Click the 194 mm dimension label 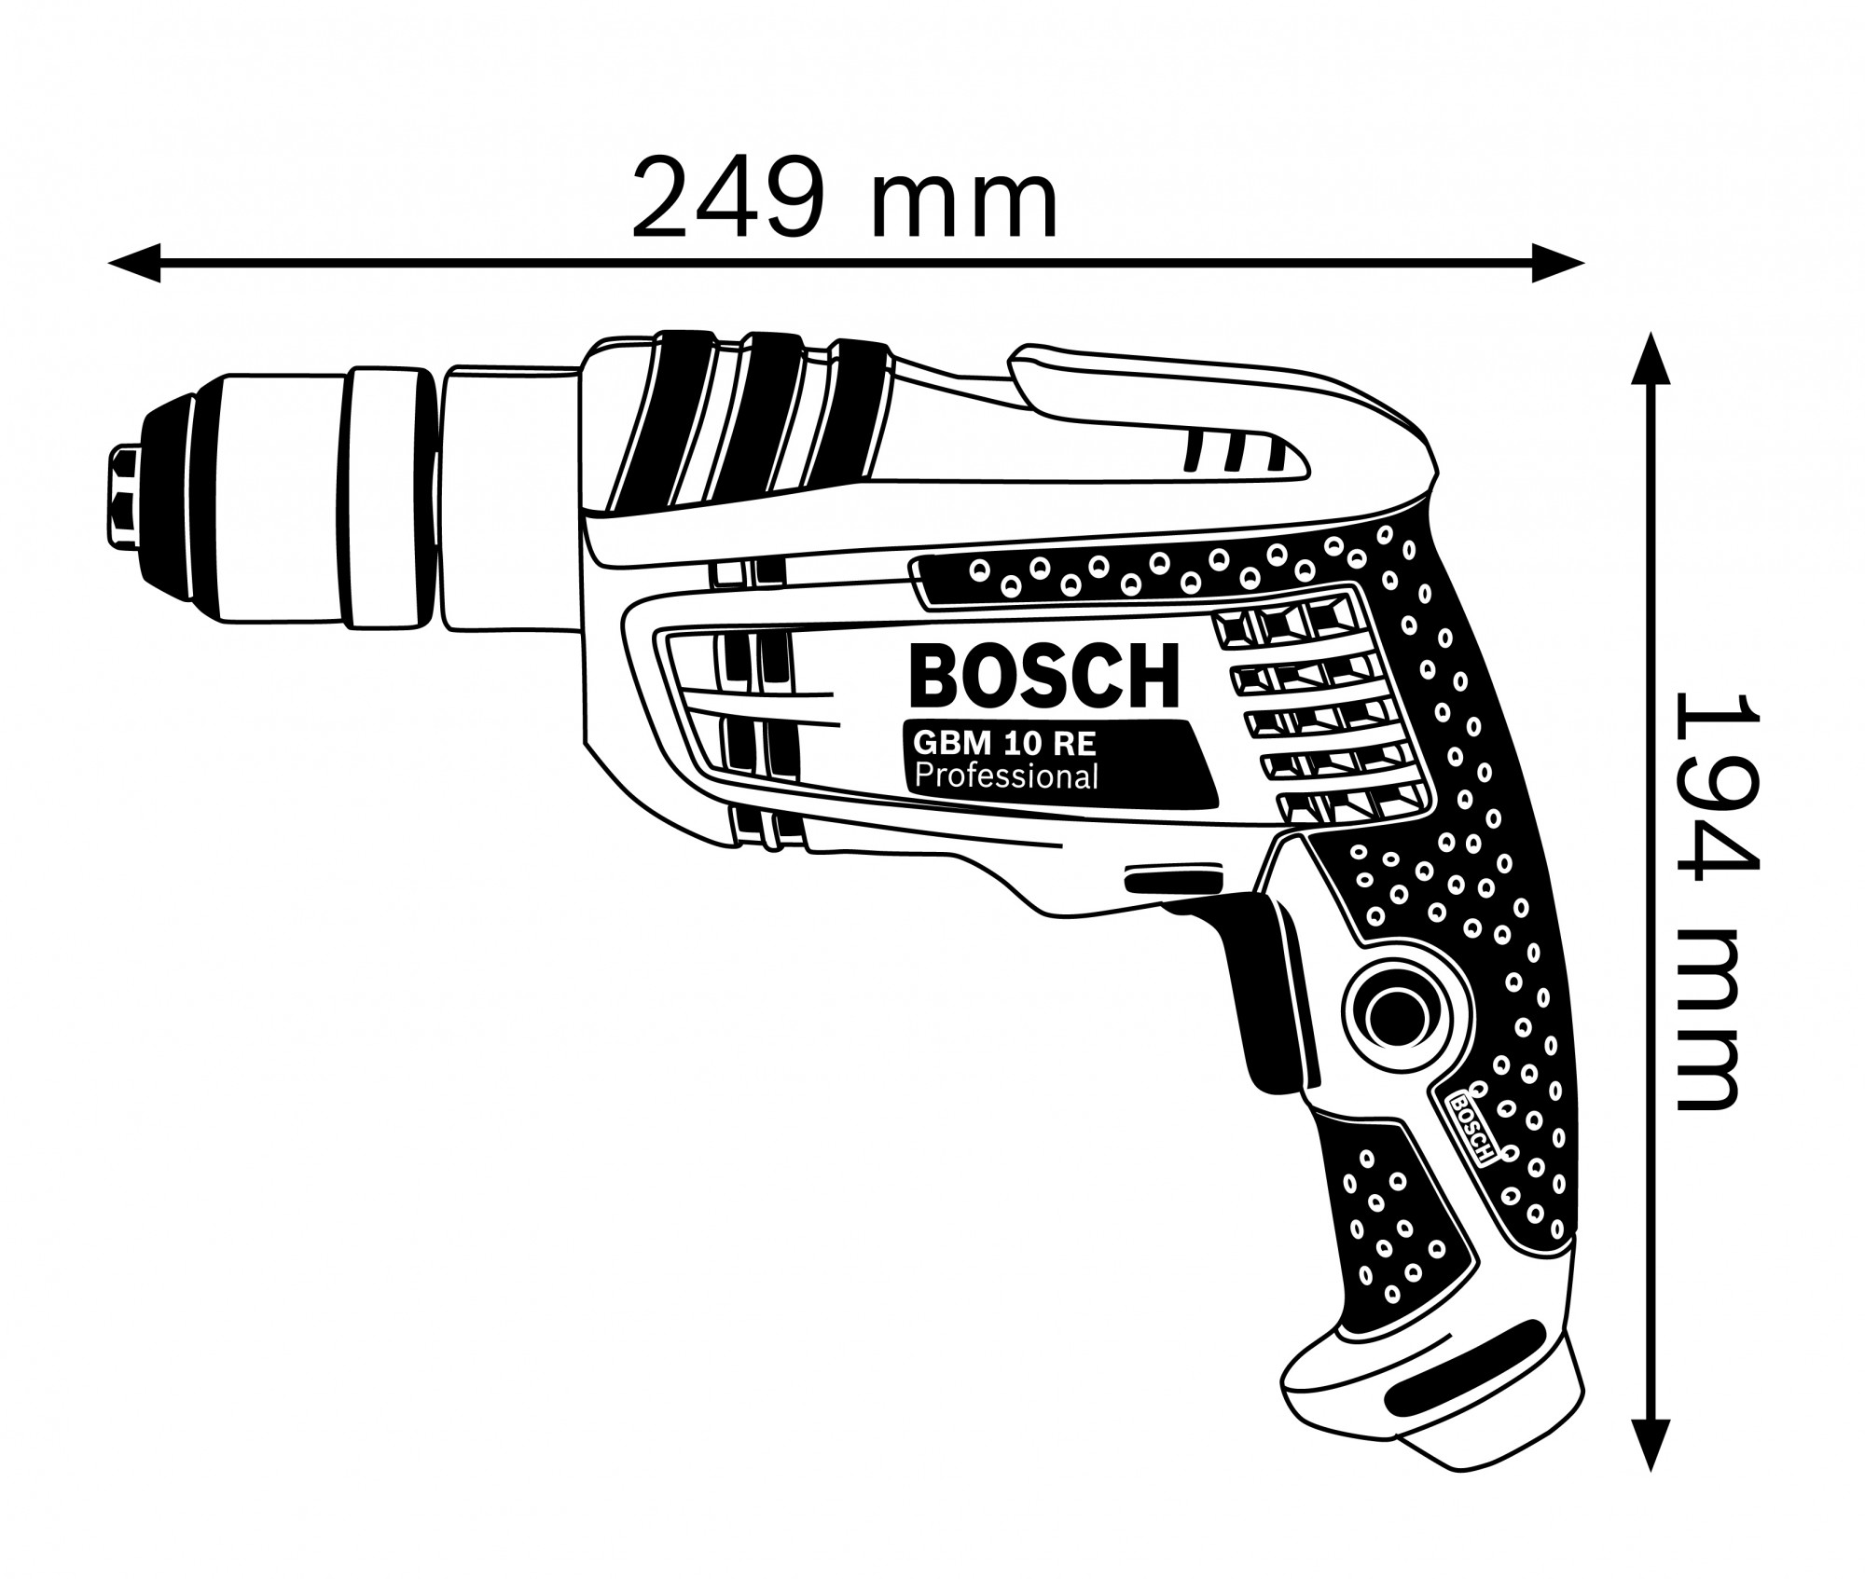1706,901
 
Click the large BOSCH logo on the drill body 1044,676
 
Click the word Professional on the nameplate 1006,776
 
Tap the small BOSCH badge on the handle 1471,1125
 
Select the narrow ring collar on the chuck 393,497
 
